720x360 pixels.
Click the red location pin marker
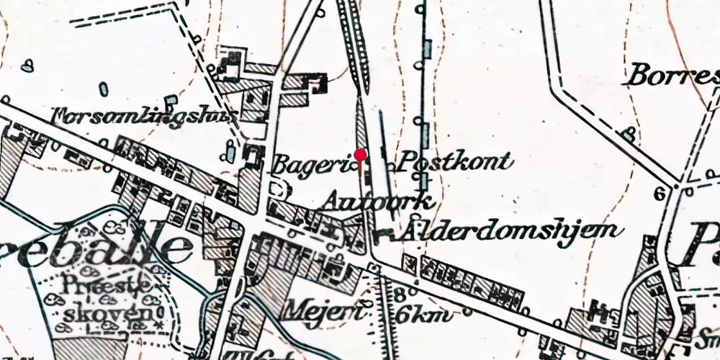coord(361,155)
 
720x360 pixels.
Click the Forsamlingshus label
coord(145,115)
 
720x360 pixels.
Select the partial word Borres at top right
coord(673,74)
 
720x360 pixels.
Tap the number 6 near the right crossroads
coord(657,194)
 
